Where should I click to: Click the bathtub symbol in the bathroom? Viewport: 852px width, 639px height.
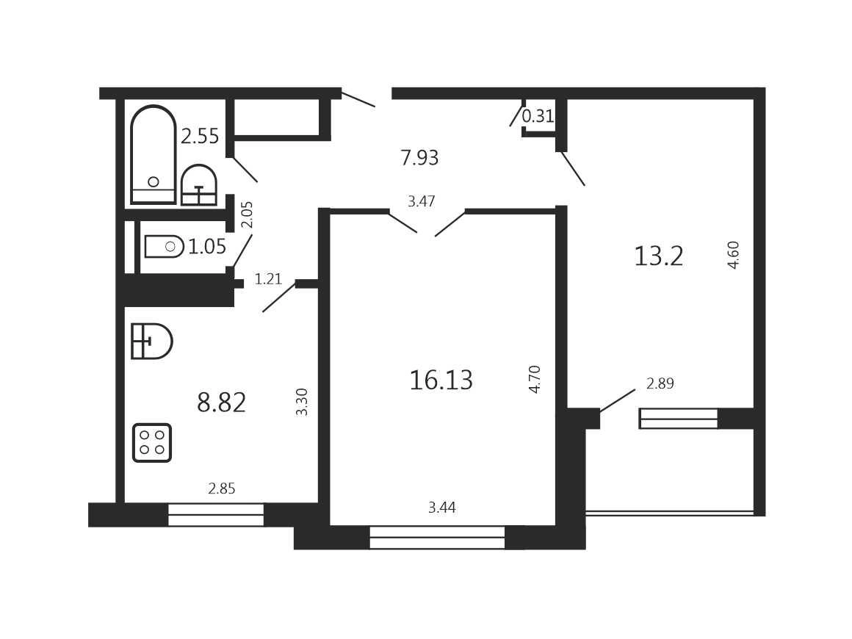coord(154,155)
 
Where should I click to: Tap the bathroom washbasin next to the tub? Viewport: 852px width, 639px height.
coord(199,185)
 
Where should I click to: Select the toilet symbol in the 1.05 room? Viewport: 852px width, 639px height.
coord(164,247)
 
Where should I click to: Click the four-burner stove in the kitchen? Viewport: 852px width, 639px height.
coord(152,443)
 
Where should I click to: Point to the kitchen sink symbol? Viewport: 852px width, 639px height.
coord(152,342)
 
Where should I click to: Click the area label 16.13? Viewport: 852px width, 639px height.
coord(441,380)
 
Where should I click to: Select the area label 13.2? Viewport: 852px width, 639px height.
coord(659,256)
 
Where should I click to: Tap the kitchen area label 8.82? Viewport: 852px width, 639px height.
coord(222,403)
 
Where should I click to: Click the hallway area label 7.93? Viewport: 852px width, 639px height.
coord(419,158)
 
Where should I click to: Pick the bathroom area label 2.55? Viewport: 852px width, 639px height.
coord(200,136)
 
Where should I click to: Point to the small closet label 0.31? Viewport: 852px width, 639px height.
coord(538,116)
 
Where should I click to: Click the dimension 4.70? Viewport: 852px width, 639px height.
coord(535,379)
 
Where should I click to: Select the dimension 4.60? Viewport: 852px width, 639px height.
coord(734,255)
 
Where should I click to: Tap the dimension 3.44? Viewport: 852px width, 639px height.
coord(441,508)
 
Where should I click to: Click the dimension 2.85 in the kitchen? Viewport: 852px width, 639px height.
coord(222,489)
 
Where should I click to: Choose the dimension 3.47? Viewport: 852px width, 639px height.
coord(422,201)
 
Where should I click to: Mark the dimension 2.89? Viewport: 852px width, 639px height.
coord(660,383)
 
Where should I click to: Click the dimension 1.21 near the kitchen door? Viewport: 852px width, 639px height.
coord(268,279)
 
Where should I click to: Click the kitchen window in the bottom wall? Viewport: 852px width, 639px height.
coord(216,515)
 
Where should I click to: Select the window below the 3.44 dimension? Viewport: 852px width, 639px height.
coord(437,537)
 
